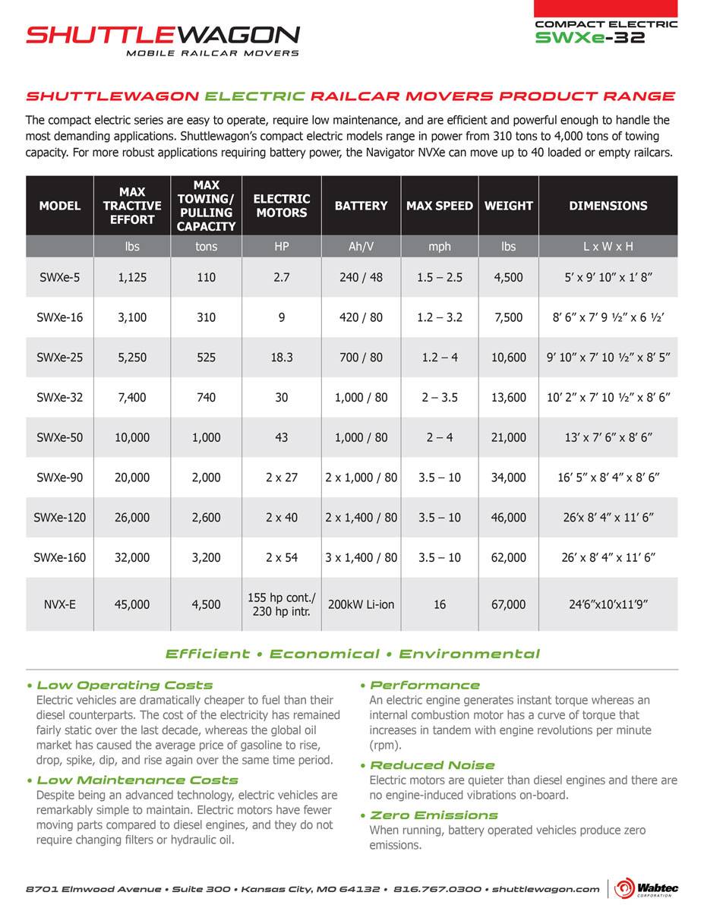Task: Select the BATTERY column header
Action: coord(361,206)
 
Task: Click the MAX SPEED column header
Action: coord(439,206)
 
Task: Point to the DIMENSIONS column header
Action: coord(608,206)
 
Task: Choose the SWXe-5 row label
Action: coord(59,277)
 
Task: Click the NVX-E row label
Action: coord(59,604)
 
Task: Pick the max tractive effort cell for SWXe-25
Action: coord(133,357)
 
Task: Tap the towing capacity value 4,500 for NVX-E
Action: coord(206,604)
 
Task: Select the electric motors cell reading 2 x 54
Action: coord(281,557)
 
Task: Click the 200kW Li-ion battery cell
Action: coord(361,604)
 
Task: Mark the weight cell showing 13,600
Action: coord(508,397)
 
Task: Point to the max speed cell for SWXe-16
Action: coord(439,317)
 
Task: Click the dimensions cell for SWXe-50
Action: coord(608,437)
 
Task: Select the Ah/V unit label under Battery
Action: coord(361,246)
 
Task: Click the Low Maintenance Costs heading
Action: coord(137,780)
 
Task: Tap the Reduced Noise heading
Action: coord(431,764)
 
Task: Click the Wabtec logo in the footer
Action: coord(646,888)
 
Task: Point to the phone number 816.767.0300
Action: coord(437,888)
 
